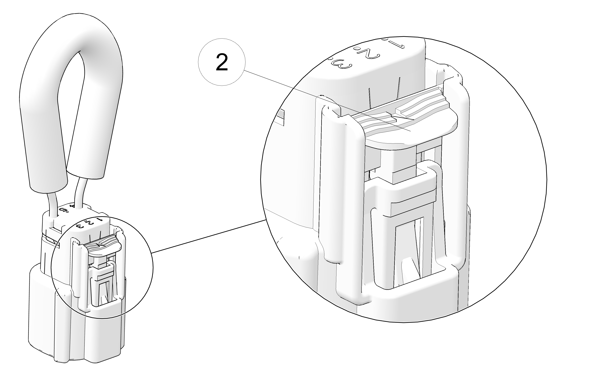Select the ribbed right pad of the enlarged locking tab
click(421, 103)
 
